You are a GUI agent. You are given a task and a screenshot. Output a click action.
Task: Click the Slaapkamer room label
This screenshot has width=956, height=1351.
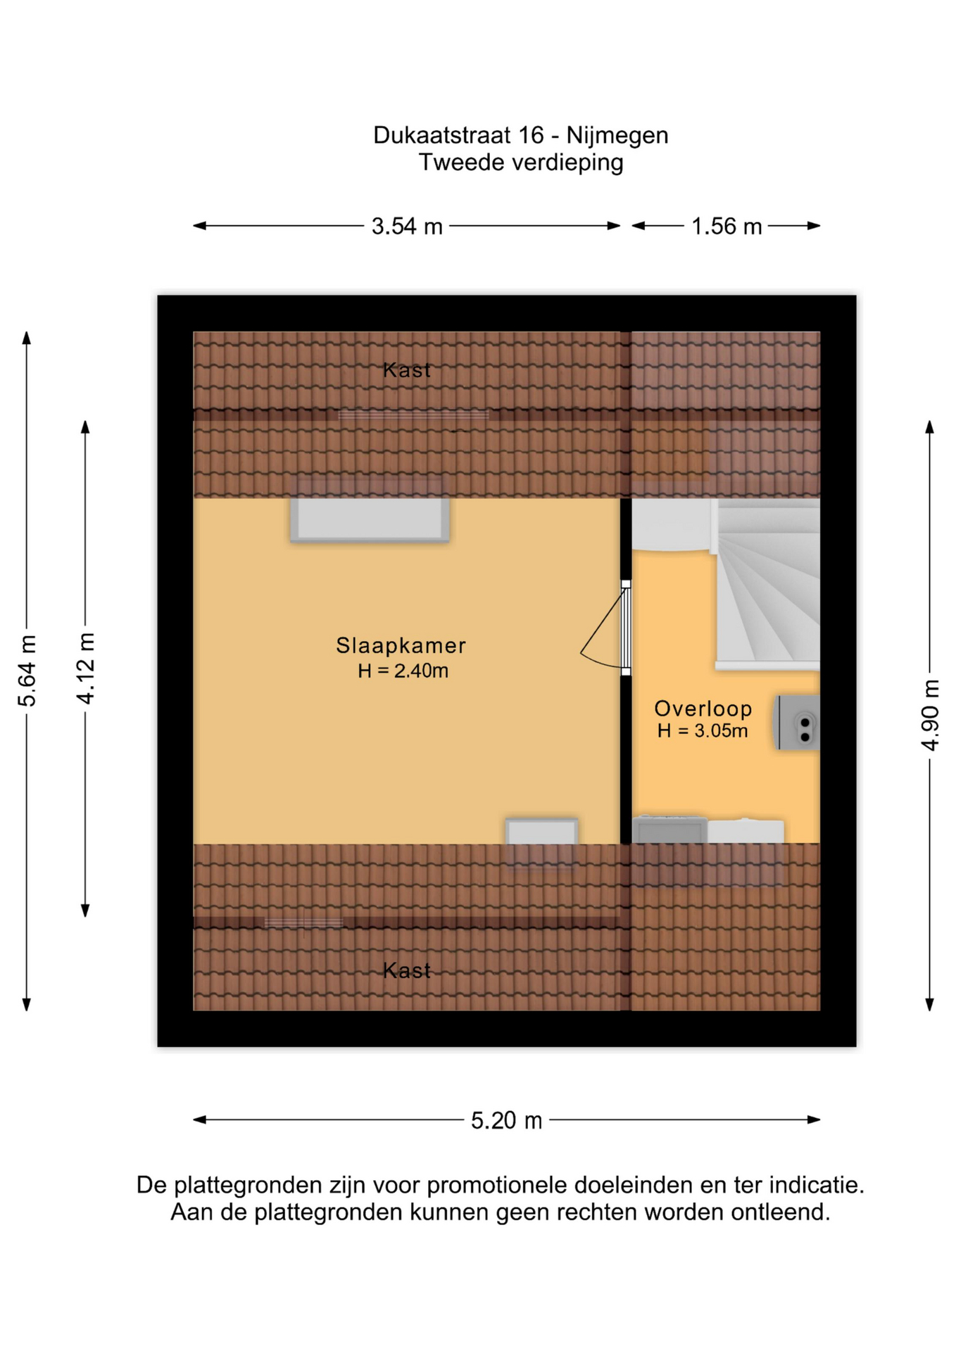(x=401, y=645)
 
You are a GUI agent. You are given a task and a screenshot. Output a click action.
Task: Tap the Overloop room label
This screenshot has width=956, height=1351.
(x=703, y=708)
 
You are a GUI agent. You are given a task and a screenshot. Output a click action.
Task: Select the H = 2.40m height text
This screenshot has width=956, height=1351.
(x=403, y=671)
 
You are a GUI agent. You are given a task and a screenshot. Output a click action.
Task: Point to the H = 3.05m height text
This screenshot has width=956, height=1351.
(x=702, y=730)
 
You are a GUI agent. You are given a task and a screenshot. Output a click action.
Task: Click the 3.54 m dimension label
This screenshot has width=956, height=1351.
(x=407, y=227)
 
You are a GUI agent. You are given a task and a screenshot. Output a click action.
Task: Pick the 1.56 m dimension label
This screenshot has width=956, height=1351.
(x=726, y=227)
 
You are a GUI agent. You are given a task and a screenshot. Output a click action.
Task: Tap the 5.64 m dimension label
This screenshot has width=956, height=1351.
(x=27, y=671)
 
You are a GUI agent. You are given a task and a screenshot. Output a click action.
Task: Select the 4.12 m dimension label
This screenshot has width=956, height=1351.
(x=86, y=668)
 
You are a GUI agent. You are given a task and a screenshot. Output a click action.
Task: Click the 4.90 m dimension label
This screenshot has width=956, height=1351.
(x=930, y=715)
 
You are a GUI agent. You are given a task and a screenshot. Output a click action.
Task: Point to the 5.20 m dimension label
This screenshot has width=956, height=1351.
(x=506, y=1120)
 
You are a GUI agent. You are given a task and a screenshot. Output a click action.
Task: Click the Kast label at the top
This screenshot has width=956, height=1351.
(x=407, y=369)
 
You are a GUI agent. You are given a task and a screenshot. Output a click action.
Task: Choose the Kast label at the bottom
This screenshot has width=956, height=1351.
(x=407, y=970)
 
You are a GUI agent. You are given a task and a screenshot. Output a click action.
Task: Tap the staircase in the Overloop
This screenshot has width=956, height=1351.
(x=767, y=585)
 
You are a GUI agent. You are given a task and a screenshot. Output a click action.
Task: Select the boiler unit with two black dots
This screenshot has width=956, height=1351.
(x=798, y=723)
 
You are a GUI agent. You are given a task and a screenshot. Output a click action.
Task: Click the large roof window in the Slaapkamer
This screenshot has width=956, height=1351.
(x=370, y=519)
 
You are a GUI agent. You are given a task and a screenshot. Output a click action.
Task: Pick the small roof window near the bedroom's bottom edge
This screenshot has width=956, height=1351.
(x=541, y=832)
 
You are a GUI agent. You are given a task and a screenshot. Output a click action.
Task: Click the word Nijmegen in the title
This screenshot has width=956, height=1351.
(x=617, y=135)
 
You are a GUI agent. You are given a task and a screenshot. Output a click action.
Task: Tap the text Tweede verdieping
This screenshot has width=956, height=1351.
(x=521, y=163)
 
